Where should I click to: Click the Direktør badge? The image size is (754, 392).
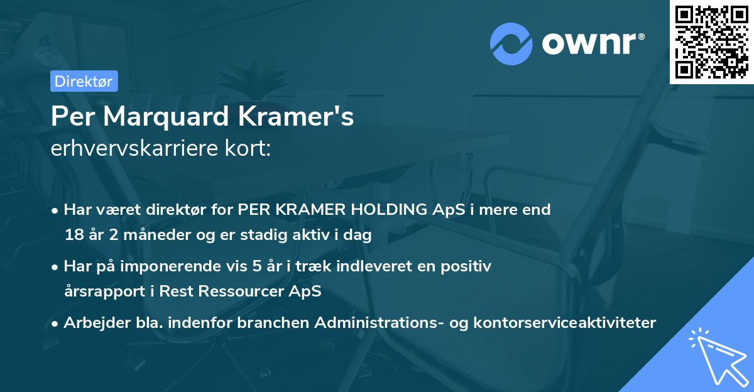pyautogui.click(x=84, y=81)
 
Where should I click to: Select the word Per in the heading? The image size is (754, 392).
pyautogui.click(x=71, y=116)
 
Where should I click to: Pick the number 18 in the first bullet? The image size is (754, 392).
pyautogui.click(x=73, y=236)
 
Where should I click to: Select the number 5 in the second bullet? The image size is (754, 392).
pyautogui.click(x=256, y=266)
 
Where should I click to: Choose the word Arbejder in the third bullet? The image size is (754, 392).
pyautogui.click(x=92, y=323)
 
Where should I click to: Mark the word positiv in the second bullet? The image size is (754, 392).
pyautogui.click(x=467, y=266)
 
